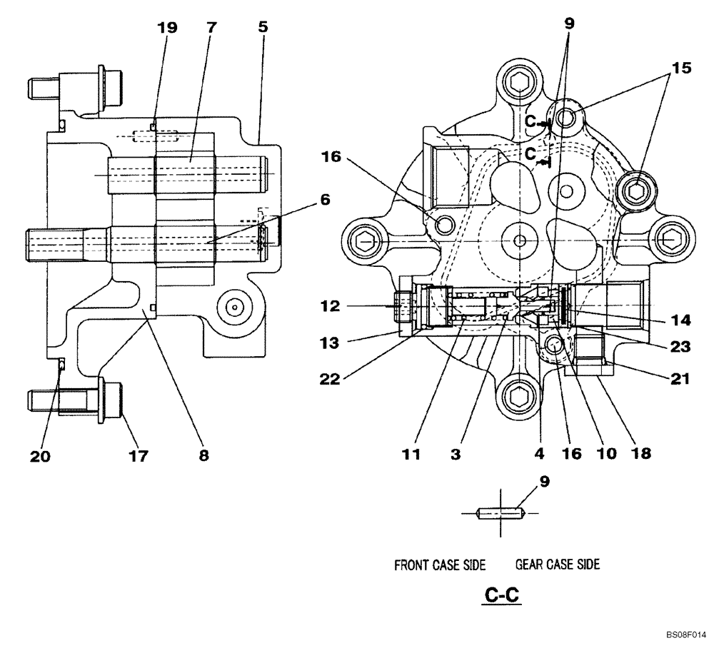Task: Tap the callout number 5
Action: tap(263, 29)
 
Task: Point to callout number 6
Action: tap(325, 201)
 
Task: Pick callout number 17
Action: tap(139, 455)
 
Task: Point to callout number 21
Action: tap(680, 380)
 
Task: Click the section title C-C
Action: tap(501, 594)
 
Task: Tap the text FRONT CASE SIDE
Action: tap(440, 565)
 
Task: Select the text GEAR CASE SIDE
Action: tap(557, 565)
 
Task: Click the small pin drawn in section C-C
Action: tap(501, 512)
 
